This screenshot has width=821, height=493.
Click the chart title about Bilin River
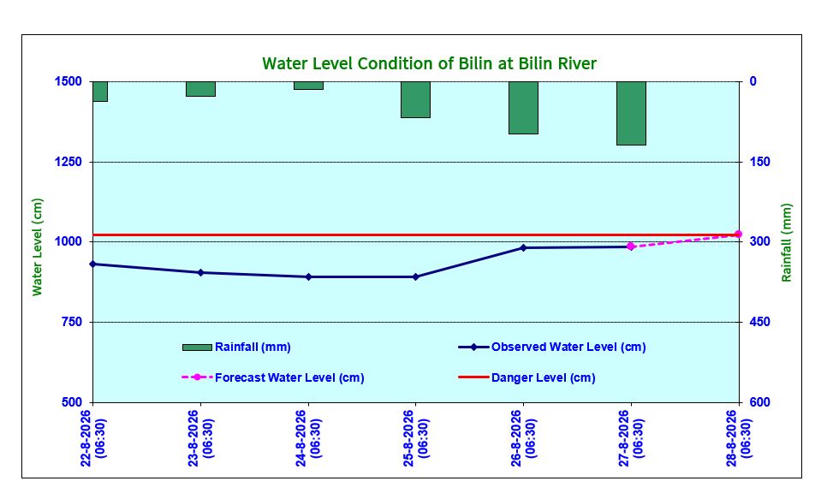pyautogui.click(x=430, y=63)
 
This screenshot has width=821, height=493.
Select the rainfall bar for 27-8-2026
pyautogui.click(x=631, y=113)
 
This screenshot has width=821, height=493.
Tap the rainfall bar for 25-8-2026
pyautogui.click(x=416, y=99)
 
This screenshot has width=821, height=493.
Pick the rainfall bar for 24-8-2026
pyautogui.click(x=308, y=86)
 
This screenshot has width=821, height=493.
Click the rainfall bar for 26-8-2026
pyautogui.click(x=524, y=108)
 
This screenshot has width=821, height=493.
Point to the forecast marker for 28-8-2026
pyautogui.click(x=738, y=235)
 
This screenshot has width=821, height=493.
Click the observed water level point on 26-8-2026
pyautogui.click(x=523, y=247)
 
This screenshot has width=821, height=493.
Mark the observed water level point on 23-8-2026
pyautogui.click(x=200, y=273)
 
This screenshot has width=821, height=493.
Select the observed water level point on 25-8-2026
pyautogui.click(x=416, y=276)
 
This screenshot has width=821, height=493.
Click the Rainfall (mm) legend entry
pyautogui.click(x=236, y=347)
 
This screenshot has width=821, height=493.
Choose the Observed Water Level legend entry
pyautogui.click(x=552, y=347)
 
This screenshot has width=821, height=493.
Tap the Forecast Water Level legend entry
pyautogui.click(x=273, y=377)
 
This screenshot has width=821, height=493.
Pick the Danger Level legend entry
pyautogui.click(x=527, y=377)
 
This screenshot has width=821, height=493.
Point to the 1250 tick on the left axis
pyautogui.click(x=68, y=162)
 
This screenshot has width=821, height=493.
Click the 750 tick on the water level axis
pyautogui.click(x=72, y=322)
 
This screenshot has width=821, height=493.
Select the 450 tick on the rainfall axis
pyautogui.click(x=759, y=322)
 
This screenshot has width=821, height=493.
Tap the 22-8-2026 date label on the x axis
pyautogui.click(x=93, y=438)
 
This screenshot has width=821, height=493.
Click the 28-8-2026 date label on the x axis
pyautogui.click(x=739, y=438)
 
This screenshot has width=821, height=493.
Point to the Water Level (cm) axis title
pyautogui.click(x=37, y=247)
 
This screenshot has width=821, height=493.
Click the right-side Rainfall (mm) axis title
pyautogui.click(x=787, y=243)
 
